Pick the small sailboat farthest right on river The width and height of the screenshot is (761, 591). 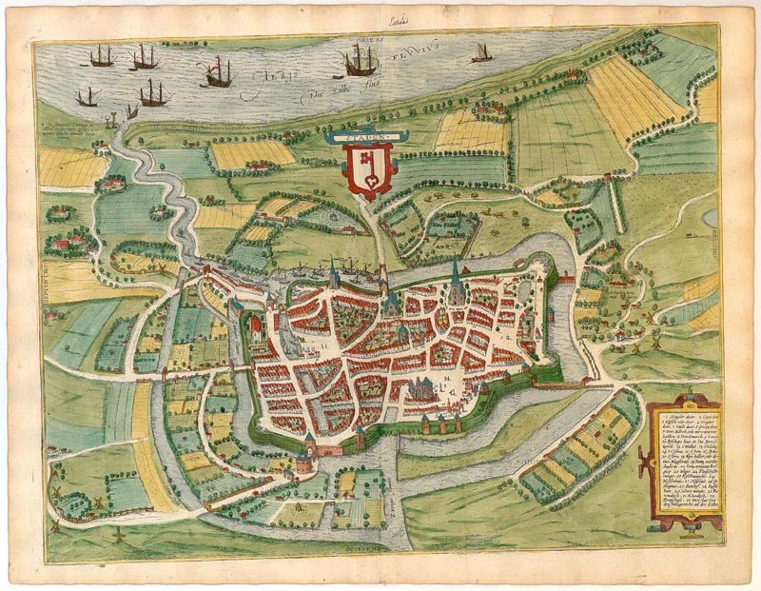[482, 53]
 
